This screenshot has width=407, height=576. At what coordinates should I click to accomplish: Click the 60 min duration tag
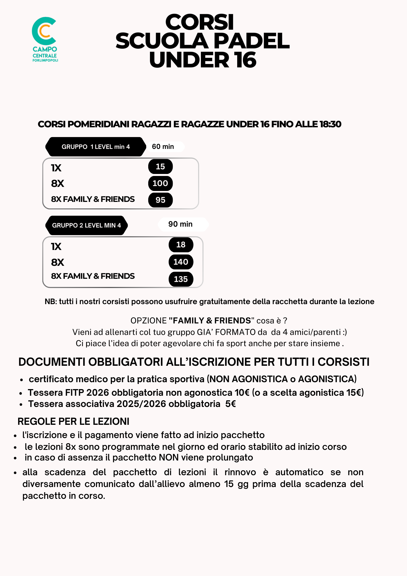163,147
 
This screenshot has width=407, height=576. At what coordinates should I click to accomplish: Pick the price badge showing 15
160,166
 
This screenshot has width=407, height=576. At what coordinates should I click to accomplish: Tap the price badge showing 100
160,183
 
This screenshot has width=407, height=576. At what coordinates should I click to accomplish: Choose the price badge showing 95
160,200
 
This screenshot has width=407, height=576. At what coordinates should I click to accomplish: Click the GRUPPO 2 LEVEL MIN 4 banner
86,225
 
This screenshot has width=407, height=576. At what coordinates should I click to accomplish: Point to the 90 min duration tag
180,224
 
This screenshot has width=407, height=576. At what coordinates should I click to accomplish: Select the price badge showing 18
181,245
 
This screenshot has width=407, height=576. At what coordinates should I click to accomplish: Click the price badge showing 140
181,262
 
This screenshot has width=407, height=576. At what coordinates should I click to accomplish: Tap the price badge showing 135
181,279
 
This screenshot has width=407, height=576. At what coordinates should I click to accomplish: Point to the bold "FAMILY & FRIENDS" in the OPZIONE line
210,321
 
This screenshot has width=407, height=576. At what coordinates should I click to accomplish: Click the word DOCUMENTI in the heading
52,362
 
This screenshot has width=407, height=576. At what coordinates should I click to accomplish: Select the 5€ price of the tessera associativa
231,404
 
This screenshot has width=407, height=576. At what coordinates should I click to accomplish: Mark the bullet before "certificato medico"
22,380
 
